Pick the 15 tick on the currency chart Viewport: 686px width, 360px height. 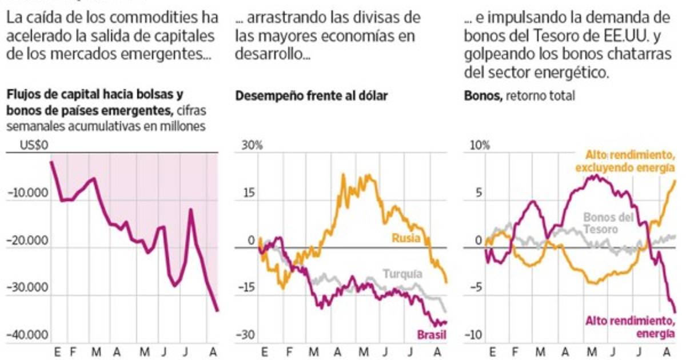[248, 194]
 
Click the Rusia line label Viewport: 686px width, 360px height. [406, 237]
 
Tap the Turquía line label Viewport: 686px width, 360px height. [402, 274]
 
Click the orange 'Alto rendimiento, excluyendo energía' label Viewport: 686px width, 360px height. [626, 161]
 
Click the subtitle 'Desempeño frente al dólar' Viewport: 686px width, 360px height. [312, 96]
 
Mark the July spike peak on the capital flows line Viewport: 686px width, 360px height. [190, 210]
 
